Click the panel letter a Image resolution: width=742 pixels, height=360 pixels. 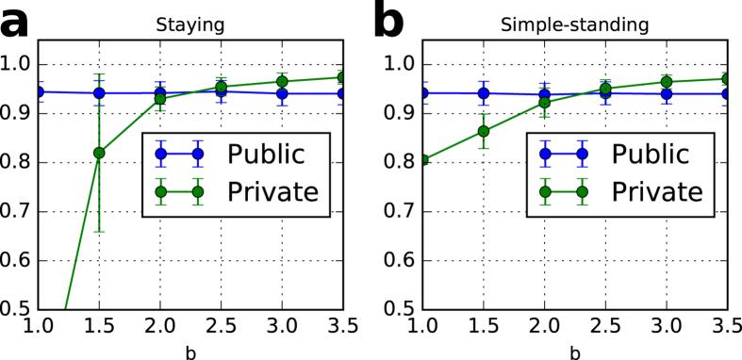[21, 22]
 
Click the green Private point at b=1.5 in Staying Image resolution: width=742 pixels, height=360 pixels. [99, 153]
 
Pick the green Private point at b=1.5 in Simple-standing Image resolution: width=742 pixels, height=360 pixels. [484, 131]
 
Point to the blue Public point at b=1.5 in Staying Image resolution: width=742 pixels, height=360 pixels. [99, 93]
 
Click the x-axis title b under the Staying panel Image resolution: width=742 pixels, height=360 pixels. [191, 349]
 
